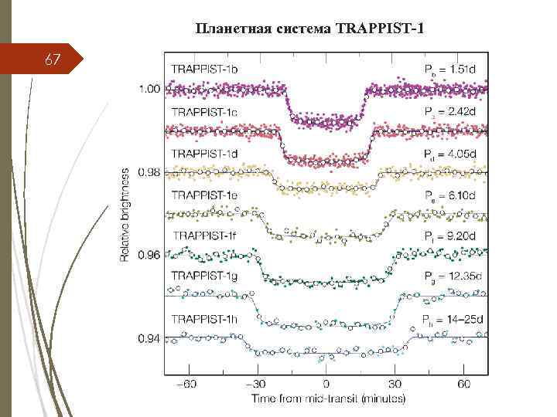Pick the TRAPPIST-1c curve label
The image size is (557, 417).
205,112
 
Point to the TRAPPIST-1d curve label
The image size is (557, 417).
205,153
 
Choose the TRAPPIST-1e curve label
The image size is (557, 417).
205,195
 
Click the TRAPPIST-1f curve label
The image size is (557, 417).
205,236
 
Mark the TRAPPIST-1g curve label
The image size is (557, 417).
205,276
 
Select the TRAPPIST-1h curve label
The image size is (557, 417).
205,318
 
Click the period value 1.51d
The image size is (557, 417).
460,70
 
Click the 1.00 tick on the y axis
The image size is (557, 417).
149,89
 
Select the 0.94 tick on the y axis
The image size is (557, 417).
149,338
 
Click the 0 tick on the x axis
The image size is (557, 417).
326,384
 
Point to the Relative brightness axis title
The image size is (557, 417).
125,213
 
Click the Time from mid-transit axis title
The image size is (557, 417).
326,398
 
